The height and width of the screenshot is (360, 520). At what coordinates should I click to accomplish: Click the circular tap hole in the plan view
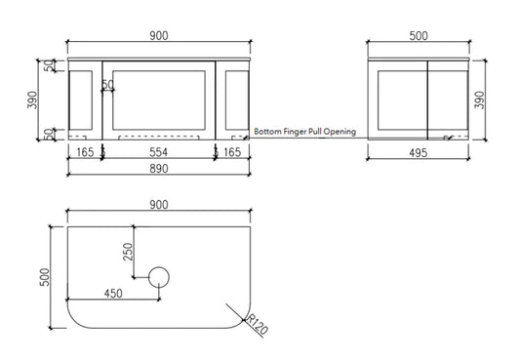tap(159, 277)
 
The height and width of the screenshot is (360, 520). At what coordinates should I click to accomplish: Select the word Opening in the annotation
tap(338, 131)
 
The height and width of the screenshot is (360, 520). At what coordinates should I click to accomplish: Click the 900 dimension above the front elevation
tap(159, 36)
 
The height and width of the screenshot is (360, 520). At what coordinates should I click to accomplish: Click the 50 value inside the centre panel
tap(109, 86)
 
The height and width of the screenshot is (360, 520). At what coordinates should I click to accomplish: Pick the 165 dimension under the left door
tap(86, 154)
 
